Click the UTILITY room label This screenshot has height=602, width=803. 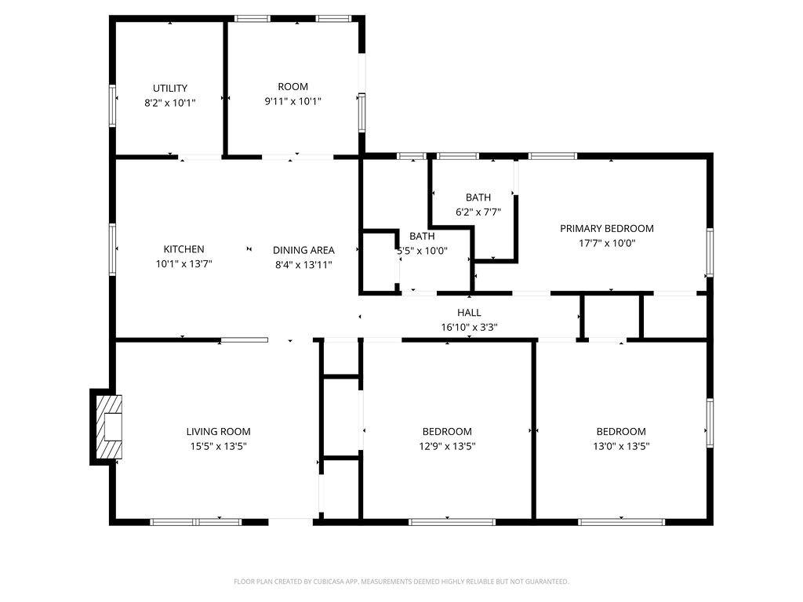[170, 88]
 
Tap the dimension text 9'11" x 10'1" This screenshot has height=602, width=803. [293, 101]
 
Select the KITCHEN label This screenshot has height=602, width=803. [183, 249]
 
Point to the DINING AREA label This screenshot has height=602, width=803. [303, 250]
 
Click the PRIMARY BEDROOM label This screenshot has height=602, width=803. [607, 228]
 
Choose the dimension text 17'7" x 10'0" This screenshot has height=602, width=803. [607, 243]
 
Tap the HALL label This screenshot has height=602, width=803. [469, 312]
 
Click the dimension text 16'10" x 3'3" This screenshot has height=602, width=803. [469, 327]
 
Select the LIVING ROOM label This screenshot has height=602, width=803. [219, 432]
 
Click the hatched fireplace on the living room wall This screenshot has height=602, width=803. [109, 427]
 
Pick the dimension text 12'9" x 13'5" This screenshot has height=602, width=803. [447, 446]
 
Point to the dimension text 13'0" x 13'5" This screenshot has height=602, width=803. [621, 446]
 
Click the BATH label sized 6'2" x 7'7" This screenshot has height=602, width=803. [478, 197]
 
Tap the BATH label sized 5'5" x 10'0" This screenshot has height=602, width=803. [422, 236]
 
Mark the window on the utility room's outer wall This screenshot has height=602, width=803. [112, 106]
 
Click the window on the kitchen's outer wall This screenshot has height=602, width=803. [112, 249]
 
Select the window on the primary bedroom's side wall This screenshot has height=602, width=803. [710, 252]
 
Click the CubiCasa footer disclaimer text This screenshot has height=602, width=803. [401, 582]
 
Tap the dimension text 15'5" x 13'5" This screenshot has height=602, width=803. [219, 446]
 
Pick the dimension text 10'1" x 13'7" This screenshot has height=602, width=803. [183, 264]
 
